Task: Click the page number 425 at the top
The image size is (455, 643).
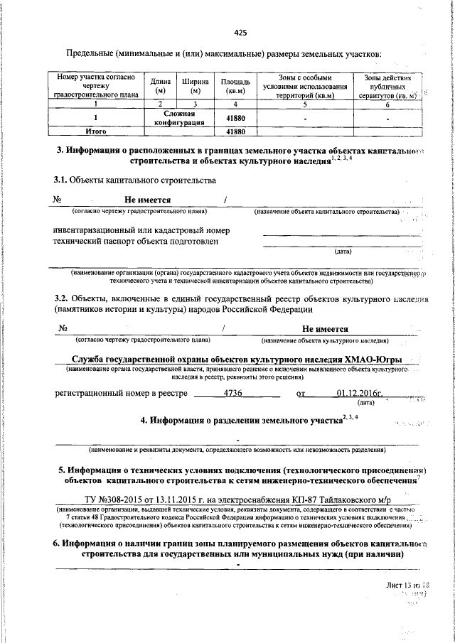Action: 240,32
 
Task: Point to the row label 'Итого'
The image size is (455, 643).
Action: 95,131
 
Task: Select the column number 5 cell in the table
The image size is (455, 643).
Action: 304,104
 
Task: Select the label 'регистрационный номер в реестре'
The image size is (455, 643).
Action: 121,393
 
